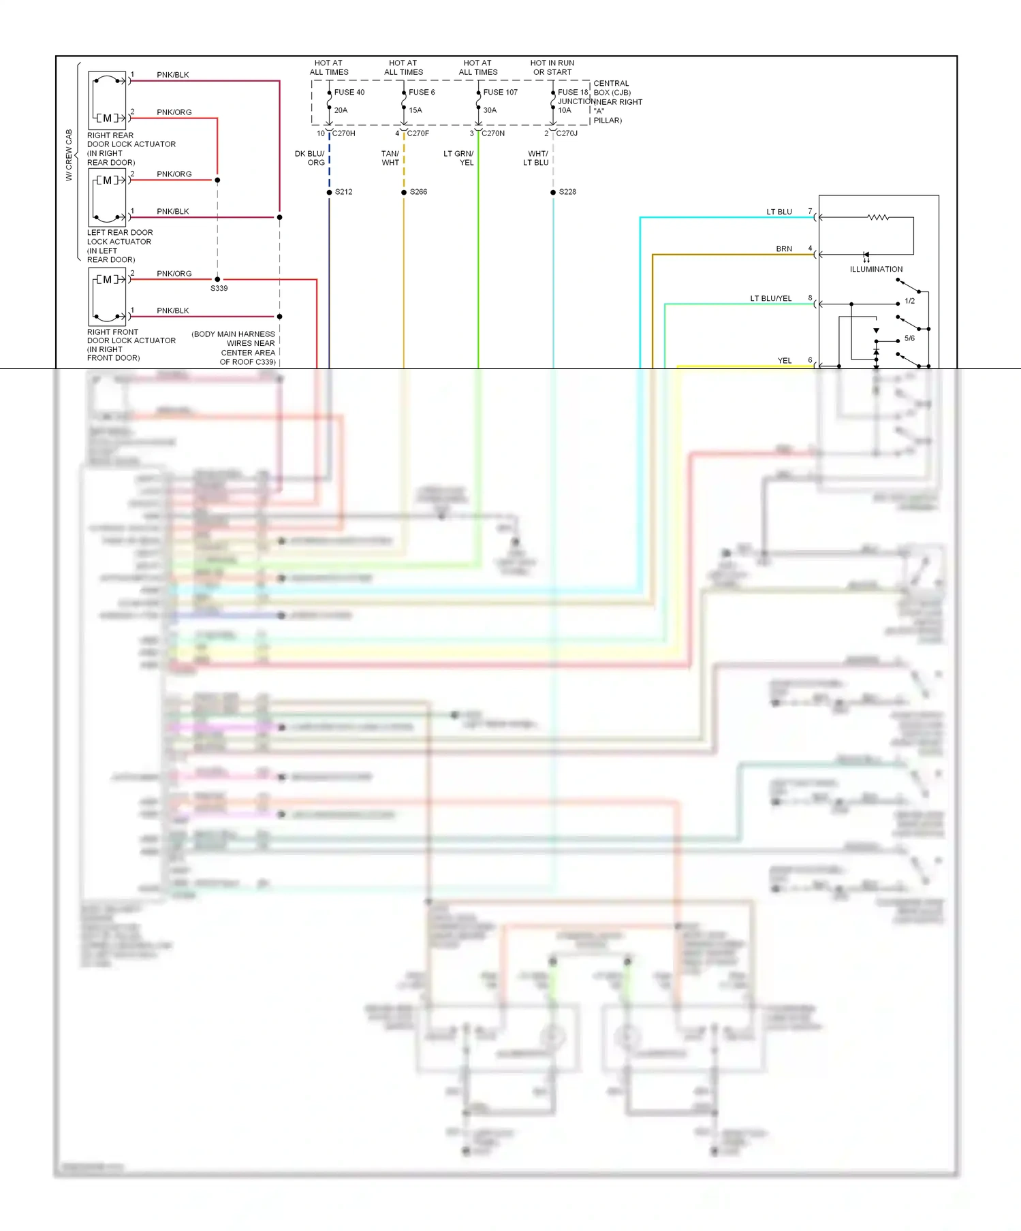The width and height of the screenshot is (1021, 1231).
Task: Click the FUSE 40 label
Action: click(x=349, y=93)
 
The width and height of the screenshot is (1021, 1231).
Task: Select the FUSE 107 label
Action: click(x=500, y=93)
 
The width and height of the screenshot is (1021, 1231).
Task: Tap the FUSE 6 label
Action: click(x=422, y=93)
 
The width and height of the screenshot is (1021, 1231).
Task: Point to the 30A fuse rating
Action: click(x=490, y=110)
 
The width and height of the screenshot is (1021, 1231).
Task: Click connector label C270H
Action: click(x=343, y=133)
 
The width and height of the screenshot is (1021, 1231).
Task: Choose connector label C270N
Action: click(x=493, y=133)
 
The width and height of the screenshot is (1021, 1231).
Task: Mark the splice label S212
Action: click(x=344, y=192)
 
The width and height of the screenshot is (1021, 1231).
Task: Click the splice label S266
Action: click(x=418, y=192)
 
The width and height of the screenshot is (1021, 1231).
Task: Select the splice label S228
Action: click(x=567, y=192)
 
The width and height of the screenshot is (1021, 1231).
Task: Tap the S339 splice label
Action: click(x=219, y=289)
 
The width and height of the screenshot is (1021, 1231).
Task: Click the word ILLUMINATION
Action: click(x=876, y=270)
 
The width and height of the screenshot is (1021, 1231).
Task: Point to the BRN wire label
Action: click(x=784, y=249)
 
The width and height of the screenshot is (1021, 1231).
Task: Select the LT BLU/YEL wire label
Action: click(x=770, y=299)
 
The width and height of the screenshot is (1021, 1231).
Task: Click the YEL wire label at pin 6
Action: click(x=785, y=361)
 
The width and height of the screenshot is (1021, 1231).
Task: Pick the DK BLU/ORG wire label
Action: click(x=310, y=159)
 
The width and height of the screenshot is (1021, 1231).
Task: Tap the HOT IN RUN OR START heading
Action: click(x=552, y=67)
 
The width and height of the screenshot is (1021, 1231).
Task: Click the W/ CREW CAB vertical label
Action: click(x=69, y=155)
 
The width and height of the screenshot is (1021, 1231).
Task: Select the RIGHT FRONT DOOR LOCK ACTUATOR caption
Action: click(x=131, y=345)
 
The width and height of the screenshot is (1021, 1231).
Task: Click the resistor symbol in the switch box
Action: click(x=878, y=218)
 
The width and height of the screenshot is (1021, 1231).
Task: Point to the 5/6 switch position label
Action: click(x=909, y=338)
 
